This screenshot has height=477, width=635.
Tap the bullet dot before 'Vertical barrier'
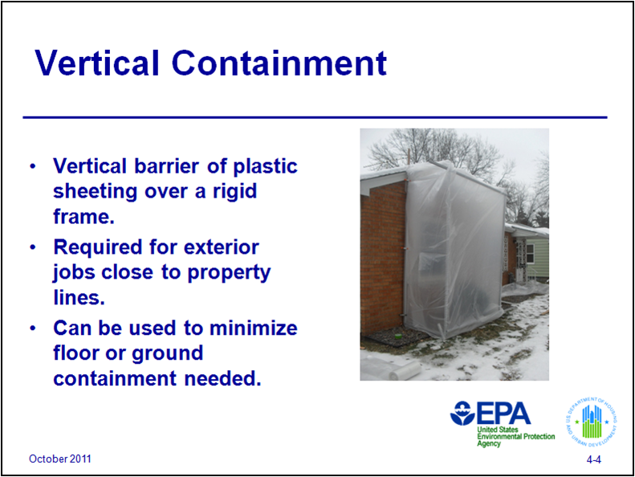pyautogui.click(x=33, y=166)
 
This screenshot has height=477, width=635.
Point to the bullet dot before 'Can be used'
pyautogui.click(x=33, y=328)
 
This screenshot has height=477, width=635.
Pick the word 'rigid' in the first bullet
pyautogui.click(x=237, y=192)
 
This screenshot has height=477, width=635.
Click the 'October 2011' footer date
pyautogui.click(x=60, y=459)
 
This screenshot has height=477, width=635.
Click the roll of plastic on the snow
pyautogui.click(x=390, y=369)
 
